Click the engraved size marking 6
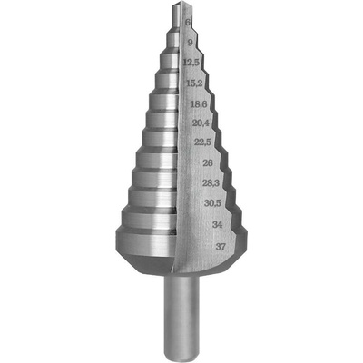point(188,22)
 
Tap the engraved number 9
point(190,43)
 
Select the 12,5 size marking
point(191,63)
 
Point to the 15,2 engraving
point(194,83)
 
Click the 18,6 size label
point(199,104)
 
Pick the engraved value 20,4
point(201,123)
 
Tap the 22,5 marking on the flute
point(202,142)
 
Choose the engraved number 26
point(207,163)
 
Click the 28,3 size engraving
point(211,183)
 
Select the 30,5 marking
point(212,203)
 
